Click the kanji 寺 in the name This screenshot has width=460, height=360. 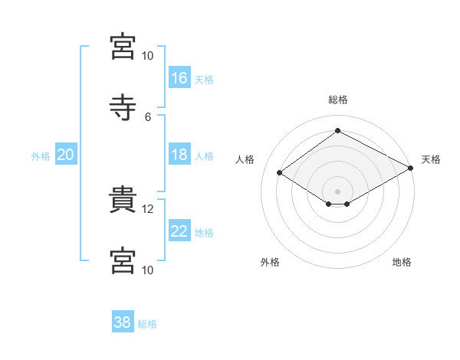click(x=123, y=107)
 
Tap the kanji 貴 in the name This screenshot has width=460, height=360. click(x=123, y=199)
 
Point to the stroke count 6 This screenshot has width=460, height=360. click(x=148, y=117)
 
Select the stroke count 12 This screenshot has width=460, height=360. click(x=147, y=209)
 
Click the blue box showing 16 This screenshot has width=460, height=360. click(x=179, y=77)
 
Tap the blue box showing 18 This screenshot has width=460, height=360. click(x=179, y=154)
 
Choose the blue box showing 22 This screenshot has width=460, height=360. click(x=179, y=230)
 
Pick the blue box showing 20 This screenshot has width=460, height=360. click(x=66, y=154)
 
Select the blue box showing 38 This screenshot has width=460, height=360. click(x=123, y=321)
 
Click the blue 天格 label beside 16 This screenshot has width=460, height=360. click(x=204, y=80)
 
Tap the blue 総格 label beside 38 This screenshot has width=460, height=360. click(x=147, y=324)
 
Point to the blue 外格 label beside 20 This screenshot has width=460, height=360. click(x=41, y=156)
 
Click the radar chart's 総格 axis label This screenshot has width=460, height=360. click(x=338, y=100)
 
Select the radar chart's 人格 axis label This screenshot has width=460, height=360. click(x=245, y=159)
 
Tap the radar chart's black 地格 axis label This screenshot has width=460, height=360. click(x=402, y=262)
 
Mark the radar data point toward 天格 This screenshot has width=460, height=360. click(x=411, y=168)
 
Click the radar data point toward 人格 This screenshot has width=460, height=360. click(x=280, y=172)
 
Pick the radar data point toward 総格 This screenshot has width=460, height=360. click(x=337, y=130)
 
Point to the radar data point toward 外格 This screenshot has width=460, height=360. click(x=329, y=204)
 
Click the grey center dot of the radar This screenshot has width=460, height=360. click(x=337, y=191)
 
